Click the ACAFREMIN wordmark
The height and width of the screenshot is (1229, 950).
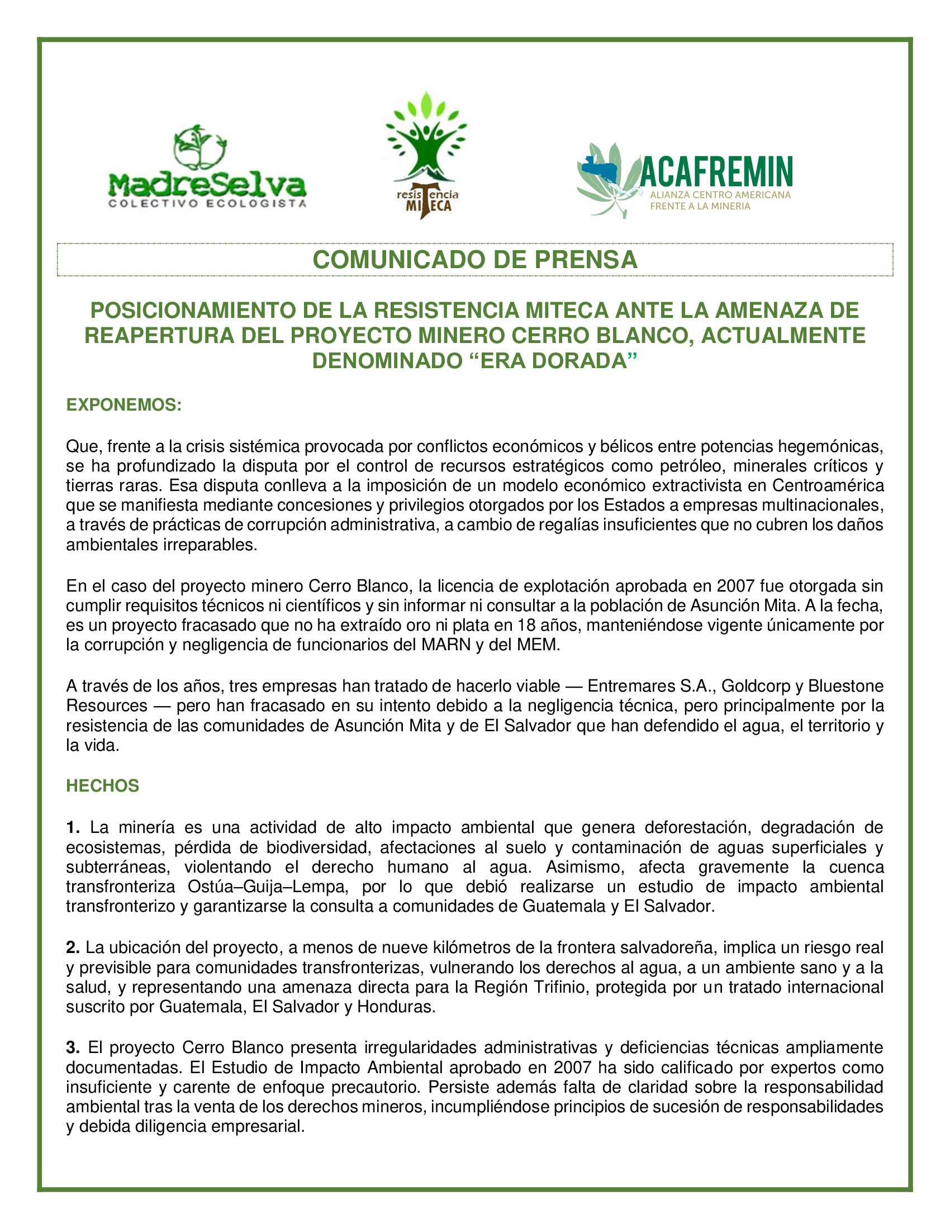click(x=716, y=172)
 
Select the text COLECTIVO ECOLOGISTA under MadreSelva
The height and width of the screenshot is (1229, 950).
click(x=207, y=204)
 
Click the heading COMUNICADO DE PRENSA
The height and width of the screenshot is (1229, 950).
click(x=474, y=260)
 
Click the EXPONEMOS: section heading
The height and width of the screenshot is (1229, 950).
click(x=124, y=405)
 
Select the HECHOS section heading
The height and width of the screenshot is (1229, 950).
click(x=102, y=785)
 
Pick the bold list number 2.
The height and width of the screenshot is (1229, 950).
click(x=73, y=947)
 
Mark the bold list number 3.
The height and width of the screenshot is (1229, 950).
click(x=73, y=1048)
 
